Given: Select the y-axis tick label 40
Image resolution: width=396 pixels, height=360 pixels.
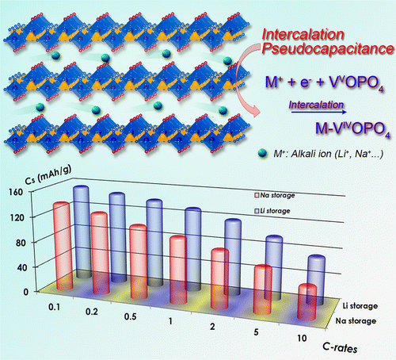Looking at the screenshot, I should [x=18, y=267].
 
